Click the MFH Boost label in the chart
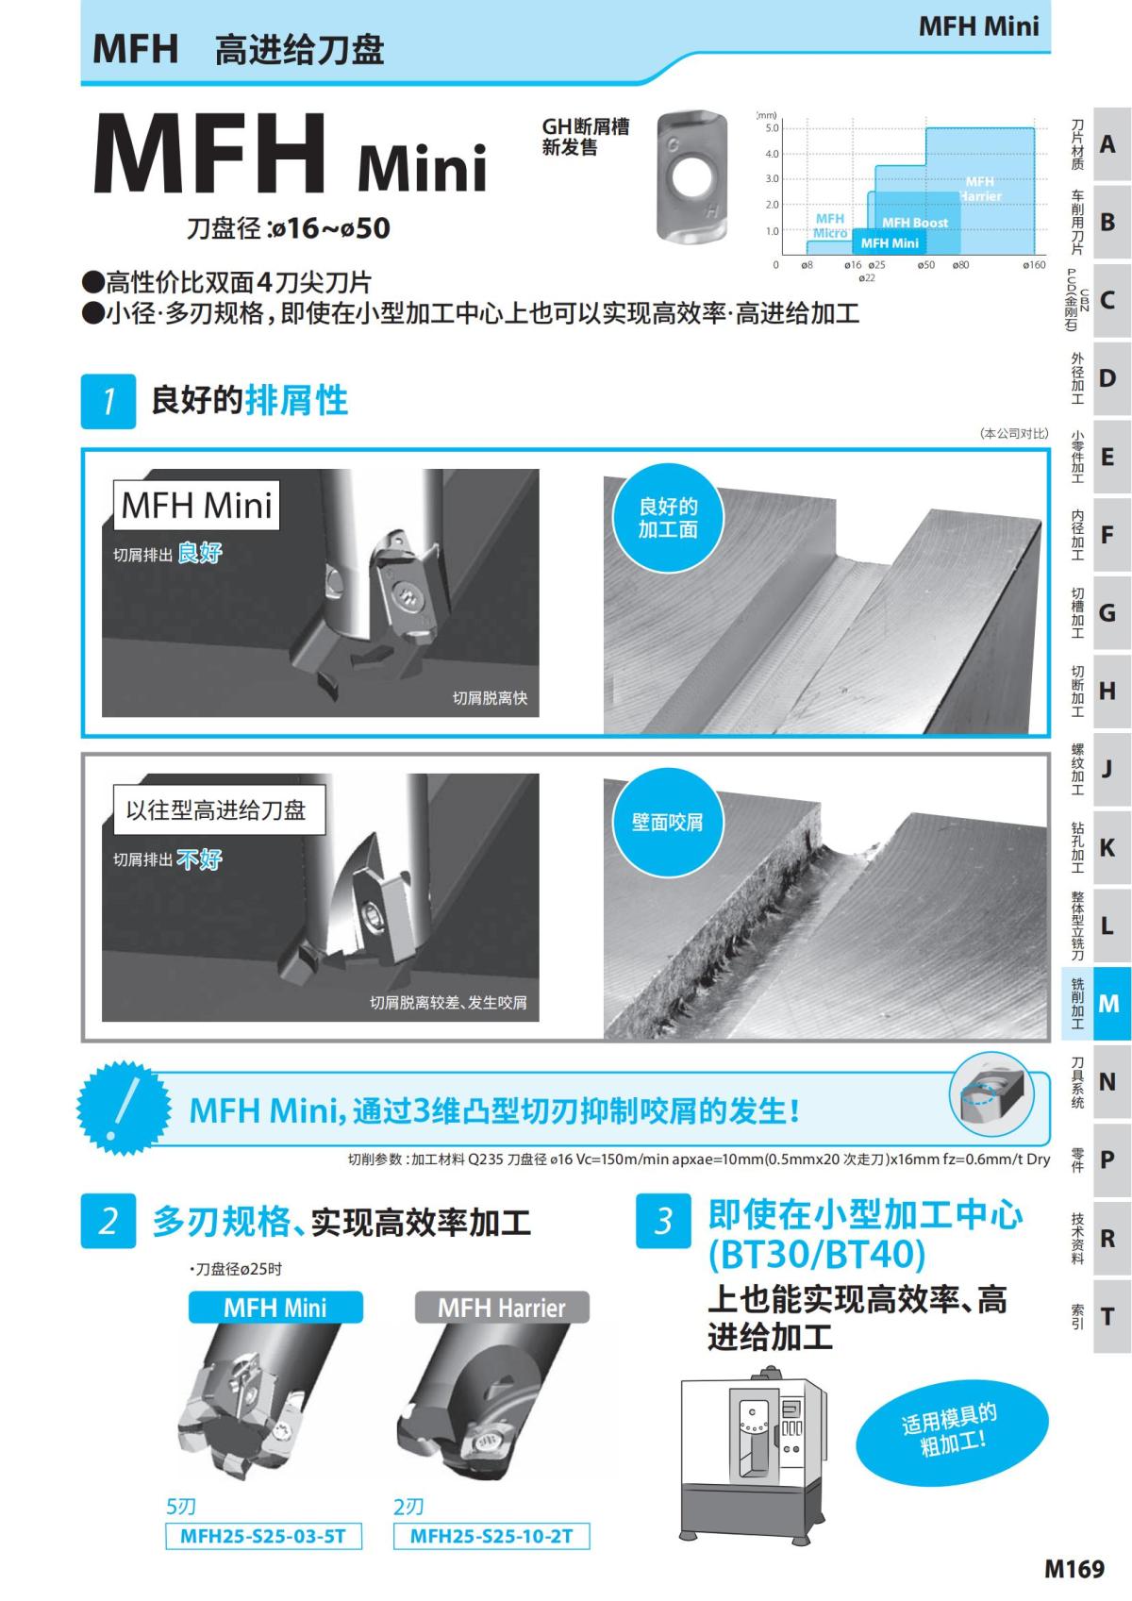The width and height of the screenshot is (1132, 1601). tap(914, 223)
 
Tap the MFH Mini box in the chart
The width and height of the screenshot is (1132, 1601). tap(890, 242)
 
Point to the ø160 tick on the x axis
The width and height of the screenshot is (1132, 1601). tap(1034, 266)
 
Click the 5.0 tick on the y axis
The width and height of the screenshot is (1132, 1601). tap(773, 128)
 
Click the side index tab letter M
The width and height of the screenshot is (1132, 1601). tap(1108, 1004)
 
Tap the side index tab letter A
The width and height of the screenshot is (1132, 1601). tap(1107, 144)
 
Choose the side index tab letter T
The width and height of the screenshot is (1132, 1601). tap(1107, 1316)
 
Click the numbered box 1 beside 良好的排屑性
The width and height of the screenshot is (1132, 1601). tap(108, 401)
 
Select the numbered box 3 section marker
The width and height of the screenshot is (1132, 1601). tap(663, 1221)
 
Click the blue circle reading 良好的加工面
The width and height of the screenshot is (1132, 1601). tap(668, 519)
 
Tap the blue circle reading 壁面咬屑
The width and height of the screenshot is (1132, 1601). tap(668, 822)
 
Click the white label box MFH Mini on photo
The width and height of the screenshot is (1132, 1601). tap(196, 505)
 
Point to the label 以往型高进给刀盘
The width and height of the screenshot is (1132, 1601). tap(217, 810)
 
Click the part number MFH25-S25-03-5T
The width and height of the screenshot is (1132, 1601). tap(263, 1537)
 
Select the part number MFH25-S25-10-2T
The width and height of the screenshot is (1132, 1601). tap(491, 1537)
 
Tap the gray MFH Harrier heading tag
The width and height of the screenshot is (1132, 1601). tap(502, 1308)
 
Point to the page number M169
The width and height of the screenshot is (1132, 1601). tap(1074, 1569)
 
